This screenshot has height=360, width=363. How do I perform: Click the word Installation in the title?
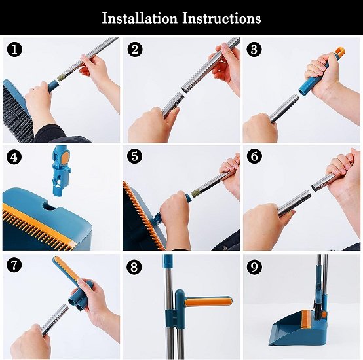click(x=140, y=18)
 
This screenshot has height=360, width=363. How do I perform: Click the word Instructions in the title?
click(x=220, y=18)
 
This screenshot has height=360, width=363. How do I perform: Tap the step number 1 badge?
click(x=13, y=49)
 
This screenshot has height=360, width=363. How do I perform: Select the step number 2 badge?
click(x=135, y=49)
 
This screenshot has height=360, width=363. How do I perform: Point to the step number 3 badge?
click(x=254, y=49)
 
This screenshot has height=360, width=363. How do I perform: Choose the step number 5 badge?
click(x=135, y=156)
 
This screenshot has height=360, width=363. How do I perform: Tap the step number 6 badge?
click(x=254, y=156)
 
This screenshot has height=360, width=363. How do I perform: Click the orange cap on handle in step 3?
click(x=339, y=51)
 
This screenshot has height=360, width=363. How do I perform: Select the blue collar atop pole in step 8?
click(x=168, y=262)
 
